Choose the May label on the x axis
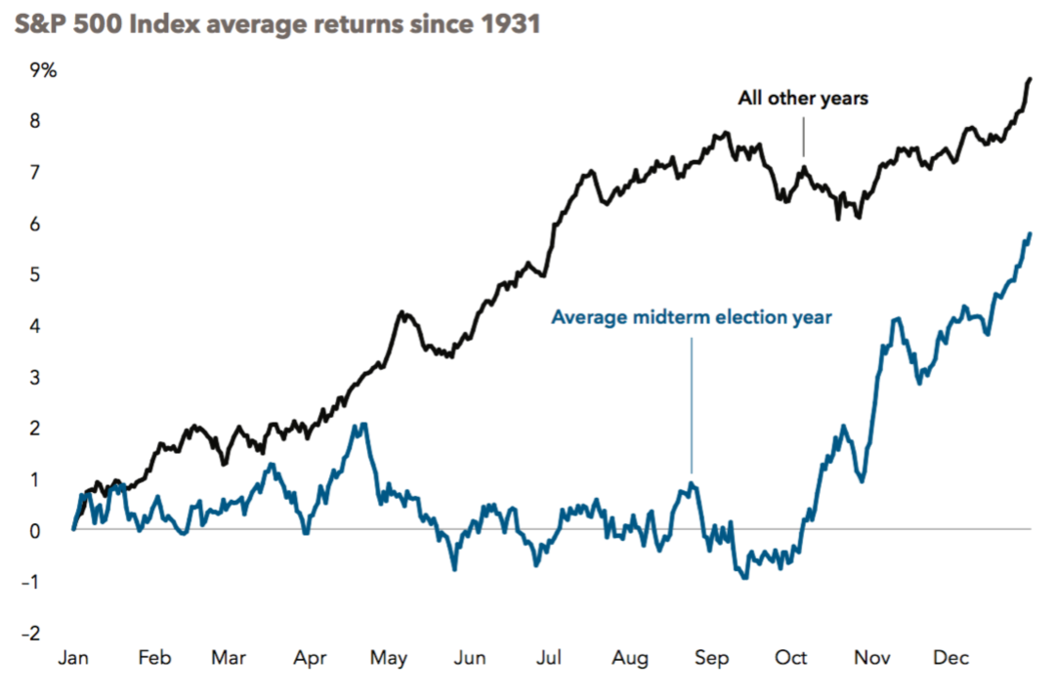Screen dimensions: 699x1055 point(389,658)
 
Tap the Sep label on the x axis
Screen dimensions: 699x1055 point(711,658)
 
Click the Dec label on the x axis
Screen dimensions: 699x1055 point(949,658)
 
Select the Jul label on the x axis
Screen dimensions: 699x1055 point(549,658)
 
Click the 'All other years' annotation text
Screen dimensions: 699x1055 point(803,99)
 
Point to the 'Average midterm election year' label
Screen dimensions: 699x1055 point(692,317)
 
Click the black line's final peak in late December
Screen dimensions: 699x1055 point(1031,79)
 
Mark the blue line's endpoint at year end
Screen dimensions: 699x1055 point(1031,234)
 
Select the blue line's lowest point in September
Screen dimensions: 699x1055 point(745,578)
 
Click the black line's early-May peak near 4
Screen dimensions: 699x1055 point(401,312)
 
